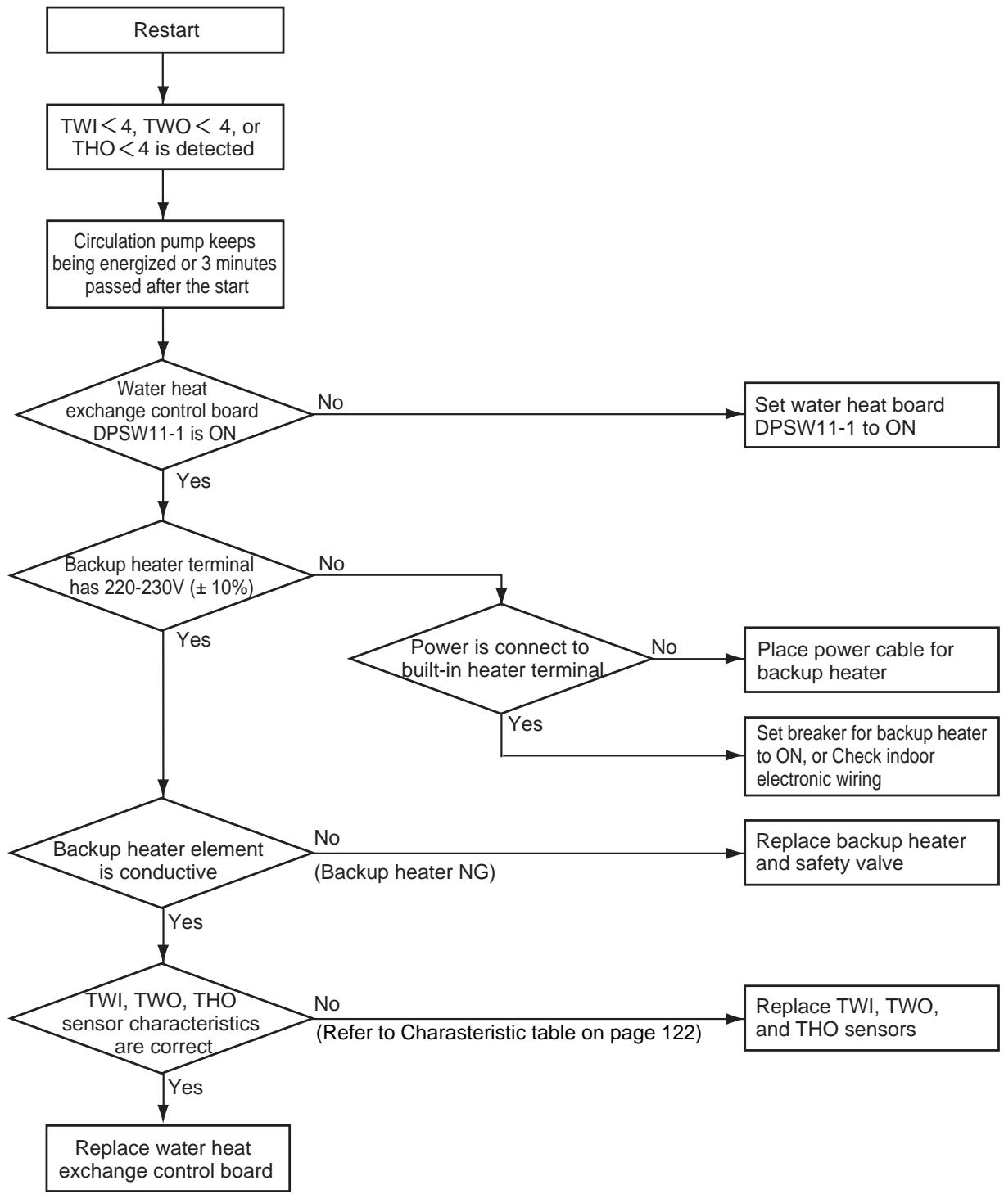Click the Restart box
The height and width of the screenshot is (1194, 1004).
165,29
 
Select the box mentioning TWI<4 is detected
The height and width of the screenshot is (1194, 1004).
165,137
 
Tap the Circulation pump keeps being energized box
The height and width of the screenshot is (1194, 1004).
165,264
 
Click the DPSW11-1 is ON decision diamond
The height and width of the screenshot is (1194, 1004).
165,415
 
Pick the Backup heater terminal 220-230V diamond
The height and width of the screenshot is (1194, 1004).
161,575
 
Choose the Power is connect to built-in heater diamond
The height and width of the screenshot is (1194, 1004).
501,659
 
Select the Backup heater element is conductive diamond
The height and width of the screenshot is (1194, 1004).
161,854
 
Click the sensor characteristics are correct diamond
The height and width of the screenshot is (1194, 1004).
161,1018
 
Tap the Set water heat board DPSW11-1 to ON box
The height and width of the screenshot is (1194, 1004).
871,415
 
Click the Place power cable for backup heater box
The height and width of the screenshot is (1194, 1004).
871,660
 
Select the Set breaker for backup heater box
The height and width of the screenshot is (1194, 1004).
871,756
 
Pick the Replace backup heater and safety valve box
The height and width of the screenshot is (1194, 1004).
871,853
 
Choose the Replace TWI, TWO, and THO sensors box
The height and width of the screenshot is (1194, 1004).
871,1018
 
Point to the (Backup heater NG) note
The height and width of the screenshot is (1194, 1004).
405,872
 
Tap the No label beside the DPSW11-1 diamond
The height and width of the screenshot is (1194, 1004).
330,403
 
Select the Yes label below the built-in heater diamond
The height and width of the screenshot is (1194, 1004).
525,724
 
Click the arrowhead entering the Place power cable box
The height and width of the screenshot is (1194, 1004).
735,659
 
